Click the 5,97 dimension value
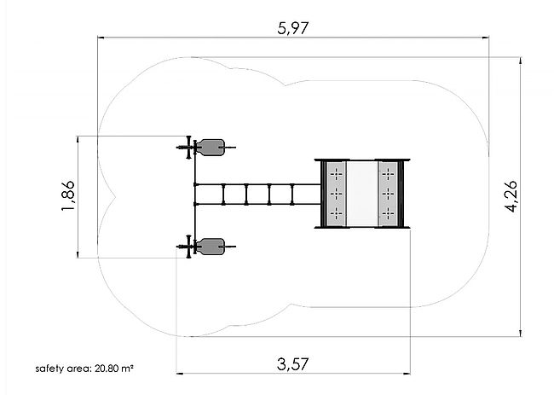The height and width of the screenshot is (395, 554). tap(293, 28)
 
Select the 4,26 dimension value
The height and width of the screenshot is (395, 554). tap(511, 196)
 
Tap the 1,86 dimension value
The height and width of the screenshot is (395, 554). tap(68, 195)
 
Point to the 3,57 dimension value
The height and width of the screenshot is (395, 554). tap(293, 364)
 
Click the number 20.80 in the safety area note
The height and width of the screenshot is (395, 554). tap(107, 369)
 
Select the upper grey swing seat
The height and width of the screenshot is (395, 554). tap(211, 147)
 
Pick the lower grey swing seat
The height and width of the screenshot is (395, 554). tap(211, 247)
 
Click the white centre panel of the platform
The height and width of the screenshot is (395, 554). tap(362, 194)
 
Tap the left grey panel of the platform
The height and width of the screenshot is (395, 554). tap(336, 194)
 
